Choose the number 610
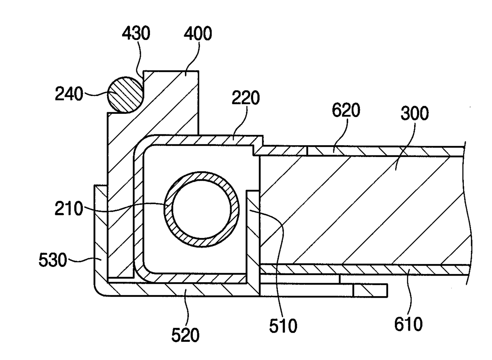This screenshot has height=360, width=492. (x=409, y=326)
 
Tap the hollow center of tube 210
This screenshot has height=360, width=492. (x=202, y=210)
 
